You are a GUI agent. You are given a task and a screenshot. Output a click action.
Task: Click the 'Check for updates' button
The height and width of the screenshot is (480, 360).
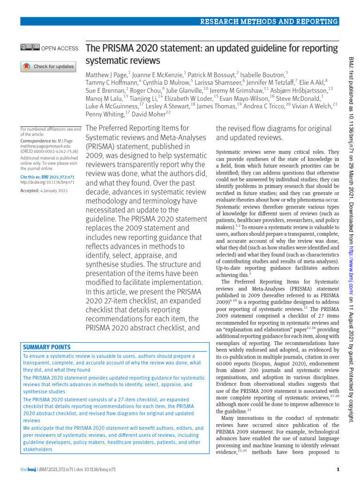click(47, 67)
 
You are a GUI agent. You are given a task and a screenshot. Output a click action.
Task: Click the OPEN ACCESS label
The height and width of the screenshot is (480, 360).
click(60, 48)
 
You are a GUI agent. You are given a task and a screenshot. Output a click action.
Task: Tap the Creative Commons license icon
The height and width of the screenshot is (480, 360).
click(30, 47)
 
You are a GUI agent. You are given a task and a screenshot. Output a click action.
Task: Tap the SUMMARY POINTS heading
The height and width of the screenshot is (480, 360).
click(46, 347)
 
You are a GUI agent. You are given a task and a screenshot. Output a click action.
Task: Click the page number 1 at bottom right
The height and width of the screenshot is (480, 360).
click(338, 470)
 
